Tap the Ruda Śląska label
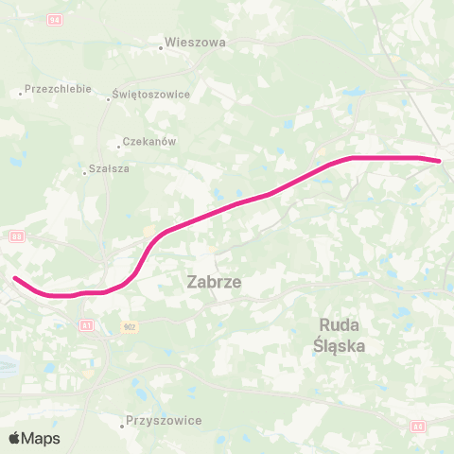[339, 335]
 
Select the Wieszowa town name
[196, 43]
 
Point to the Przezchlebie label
[60, 89]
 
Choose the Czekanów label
[150, 142]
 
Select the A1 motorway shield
[87, 325]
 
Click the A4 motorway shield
[419, 428]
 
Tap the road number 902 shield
[129, 325]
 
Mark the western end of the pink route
[15, 278]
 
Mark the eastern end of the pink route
[440, 161]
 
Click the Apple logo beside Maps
[16, 438]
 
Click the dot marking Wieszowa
[161, 47]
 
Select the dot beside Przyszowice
[122, 426]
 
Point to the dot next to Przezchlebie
[21, 93]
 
